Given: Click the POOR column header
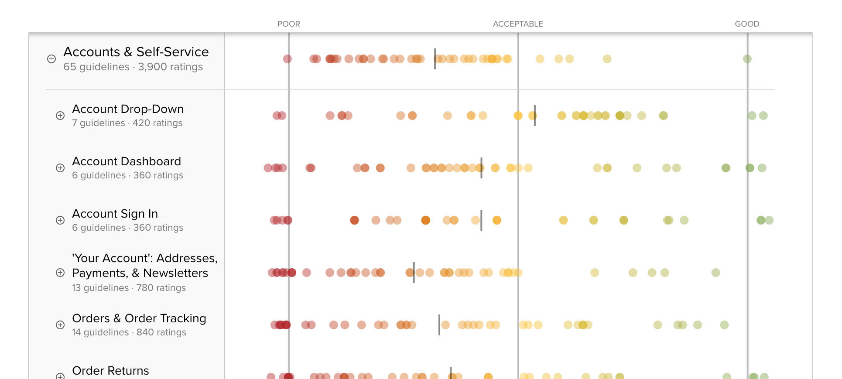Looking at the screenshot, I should (x=288, y=24).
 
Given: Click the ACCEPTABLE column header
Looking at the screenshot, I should (x=518, y=24).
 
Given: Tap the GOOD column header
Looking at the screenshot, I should (x=747, y=24).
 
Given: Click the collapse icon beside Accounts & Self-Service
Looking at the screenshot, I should (x=51, y=59).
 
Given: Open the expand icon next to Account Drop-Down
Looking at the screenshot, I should (x=60, y=116).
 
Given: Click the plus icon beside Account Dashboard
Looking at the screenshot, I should (x=60, y=168).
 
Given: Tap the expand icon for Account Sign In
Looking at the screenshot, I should (x=60, y=220).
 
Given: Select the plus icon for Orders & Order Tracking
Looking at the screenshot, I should (x=60, y=325).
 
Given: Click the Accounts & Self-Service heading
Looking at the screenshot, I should (x=136, y=52).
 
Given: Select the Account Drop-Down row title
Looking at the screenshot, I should (x=127, y=109).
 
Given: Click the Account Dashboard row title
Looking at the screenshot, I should (x=126, y=161).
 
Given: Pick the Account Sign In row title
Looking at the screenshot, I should (x=115, y=214).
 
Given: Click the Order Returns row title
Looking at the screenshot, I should (x=110, y=371).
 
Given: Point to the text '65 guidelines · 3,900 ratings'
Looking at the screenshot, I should (x=133, y=67).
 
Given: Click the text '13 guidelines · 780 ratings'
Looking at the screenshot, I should (x=129, y=288).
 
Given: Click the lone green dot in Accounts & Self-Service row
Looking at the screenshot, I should (x=747, y=59).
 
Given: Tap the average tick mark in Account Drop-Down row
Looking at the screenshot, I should (x=534, y=116).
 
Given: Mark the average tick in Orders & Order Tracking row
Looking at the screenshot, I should (x=439, y=325).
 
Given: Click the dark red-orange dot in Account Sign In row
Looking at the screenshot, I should (x=354, y=220).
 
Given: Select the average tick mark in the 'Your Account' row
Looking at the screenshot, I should (x=414, y=273).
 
